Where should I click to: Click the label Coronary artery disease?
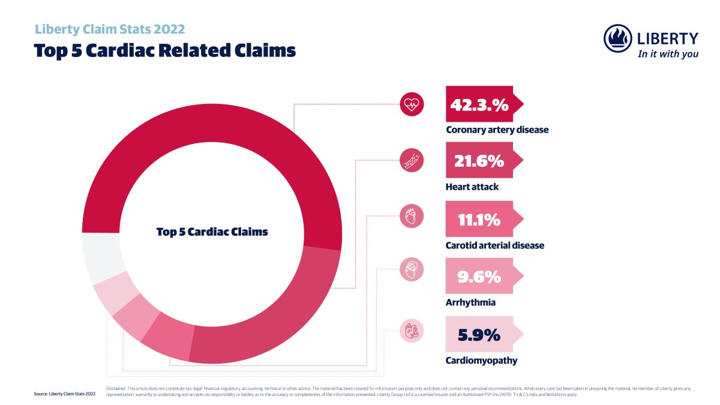(x=497, y=129)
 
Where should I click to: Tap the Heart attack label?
(x=472, y=187)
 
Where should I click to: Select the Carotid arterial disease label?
(x=495, y=245)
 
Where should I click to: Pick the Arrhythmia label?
(x=470, y=302)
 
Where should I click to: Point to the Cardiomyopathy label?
(x=481, y=361)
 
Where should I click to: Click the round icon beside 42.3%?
(x=412, y=104)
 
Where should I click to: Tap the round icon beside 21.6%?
(x=412, y=161)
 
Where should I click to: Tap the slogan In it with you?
(x=668, y=54)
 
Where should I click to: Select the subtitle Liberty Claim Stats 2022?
(x=110, y=29)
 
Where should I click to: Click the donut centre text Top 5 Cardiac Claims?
(x=212, y=232)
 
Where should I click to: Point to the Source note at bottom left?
(x=65, y=394)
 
